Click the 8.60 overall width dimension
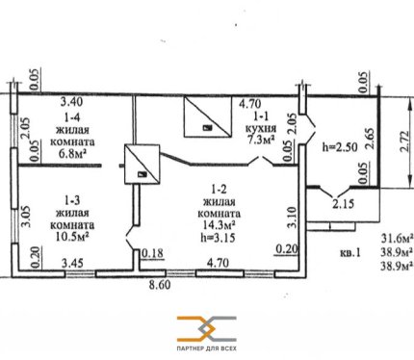[x=160, y=285]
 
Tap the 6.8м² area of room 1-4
[x=72, y=154]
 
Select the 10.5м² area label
[x=72, y=237]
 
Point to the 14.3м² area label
[x=220, y=225]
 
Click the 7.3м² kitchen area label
[x=260, y=140]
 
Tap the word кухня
[x=261, y=128]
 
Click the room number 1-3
[x=72, y=201]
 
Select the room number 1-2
[x=220, y=190]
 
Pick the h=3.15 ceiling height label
[x=219, y=238]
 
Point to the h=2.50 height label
[x=340, y=147]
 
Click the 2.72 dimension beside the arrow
[x=405, y=141]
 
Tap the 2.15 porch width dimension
[x=343, y=204]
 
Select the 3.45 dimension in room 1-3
[x=72, y=264]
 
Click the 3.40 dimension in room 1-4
[x=72, y=102]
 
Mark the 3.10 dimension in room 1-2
[x=292, y=218]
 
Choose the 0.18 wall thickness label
[x=152, y=252]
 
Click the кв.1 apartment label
[x=349, y=253]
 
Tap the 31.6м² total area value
[x=397, y=239]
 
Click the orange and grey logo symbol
[x=207, y=329]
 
